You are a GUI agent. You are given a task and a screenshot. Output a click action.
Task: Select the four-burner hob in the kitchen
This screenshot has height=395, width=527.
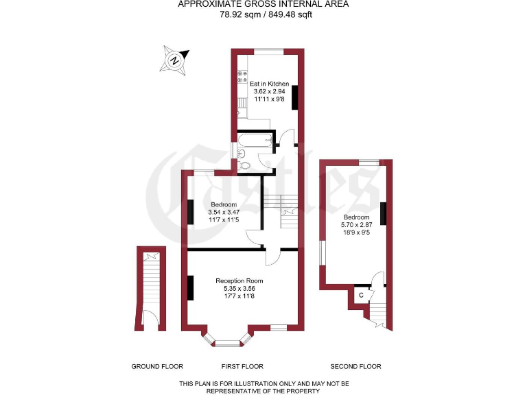(x=242, y=77)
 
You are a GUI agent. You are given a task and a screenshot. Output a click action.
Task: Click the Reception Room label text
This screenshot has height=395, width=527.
(x=239, y=280)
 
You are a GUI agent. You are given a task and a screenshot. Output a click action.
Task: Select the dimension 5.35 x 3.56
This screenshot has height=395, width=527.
(x=239, y=289)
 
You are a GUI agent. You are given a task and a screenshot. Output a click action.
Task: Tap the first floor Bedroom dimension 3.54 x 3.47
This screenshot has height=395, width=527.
(x=224, y=213)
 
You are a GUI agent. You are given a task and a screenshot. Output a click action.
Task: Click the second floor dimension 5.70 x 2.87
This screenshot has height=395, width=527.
(x=355, y=225)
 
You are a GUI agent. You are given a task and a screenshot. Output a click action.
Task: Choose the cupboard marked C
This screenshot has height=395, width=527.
(x=361, y=295)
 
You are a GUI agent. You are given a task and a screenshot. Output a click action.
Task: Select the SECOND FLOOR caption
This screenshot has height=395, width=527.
(x=355, y=366)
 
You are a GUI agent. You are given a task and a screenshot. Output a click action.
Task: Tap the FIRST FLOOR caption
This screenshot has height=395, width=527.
(x=242, y=366)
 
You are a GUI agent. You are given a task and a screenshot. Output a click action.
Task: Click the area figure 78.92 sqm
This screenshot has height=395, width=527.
(x=237, y=14)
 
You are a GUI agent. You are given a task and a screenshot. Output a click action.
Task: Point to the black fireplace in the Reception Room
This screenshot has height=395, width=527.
(x=190, y=287)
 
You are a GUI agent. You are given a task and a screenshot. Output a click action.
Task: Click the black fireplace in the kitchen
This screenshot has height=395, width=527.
(x=295, y=97)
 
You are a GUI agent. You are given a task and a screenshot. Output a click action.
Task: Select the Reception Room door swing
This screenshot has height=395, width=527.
(x=273, y=256)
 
